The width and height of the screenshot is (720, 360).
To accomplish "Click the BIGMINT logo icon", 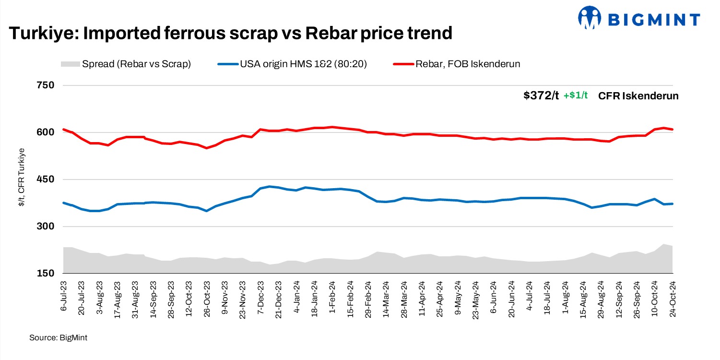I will tap(590, 19).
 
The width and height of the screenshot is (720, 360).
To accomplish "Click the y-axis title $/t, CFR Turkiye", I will tap(22, 178).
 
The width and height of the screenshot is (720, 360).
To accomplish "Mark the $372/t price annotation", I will tap(541, 96).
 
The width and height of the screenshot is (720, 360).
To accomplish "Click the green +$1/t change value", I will tap(576, 96).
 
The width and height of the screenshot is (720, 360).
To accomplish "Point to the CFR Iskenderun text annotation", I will tap(638, 96).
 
